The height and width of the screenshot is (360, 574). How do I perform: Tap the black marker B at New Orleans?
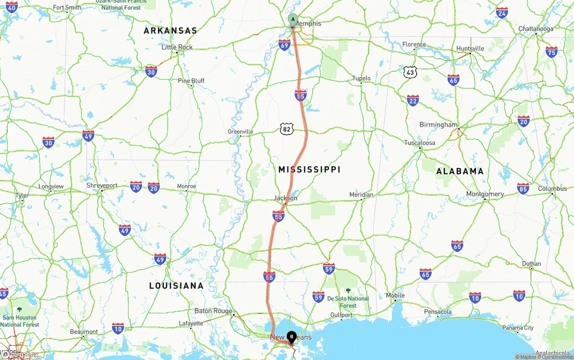click(291, 337)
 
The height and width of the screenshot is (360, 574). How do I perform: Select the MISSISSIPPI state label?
click(309, 169)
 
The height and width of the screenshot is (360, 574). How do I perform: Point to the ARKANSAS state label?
click(170, 31)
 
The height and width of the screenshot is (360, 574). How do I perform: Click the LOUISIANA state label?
click(176, 286)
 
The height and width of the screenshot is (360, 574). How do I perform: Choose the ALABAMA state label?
click(460, 171)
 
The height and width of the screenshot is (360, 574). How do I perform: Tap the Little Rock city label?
click(177, 47)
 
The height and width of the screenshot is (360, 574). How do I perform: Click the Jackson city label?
click(286, 198)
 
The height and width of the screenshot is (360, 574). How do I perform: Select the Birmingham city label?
click(438, 125)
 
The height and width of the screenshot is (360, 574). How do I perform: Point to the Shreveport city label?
click(102, 186)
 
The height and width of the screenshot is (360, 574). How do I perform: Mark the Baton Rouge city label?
click(213, 311)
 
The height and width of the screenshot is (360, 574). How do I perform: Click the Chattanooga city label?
click(535, 29)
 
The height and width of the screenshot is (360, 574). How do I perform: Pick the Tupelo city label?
click(361, 78)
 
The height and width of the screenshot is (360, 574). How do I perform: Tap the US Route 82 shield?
click(287, 130)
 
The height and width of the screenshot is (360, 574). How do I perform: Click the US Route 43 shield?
click(410, 72)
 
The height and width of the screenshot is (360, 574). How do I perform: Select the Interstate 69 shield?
click(284, 45)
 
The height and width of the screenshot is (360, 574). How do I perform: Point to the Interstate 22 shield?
click(413, 100)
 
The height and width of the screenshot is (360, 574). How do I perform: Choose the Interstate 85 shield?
click(523, 188)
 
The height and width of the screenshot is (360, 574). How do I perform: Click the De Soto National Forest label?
click(348, 302)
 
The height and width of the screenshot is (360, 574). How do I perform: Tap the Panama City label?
click(518, 328)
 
